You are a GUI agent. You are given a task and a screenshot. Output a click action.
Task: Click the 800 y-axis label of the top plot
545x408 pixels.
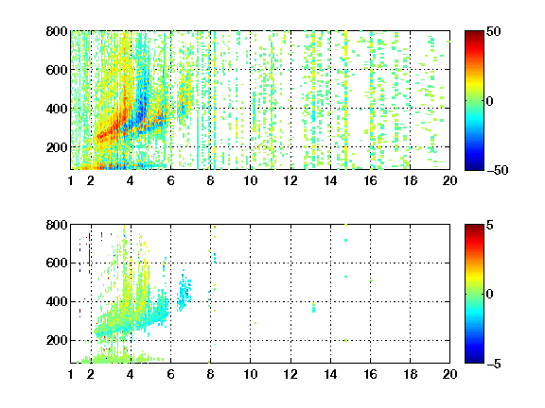(x=57, y=31)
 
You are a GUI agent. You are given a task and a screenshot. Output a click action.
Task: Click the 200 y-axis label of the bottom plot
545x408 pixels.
(x=57, y=340)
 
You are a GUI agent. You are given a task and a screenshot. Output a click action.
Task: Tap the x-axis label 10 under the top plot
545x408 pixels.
(x=250, y=180)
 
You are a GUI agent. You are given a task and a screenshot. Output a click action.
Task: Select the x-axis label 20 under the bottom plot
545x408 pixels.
(x=449, y=374)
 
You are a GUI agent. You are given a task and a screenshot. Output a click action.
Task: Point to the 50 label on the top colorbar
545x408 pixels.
(x=493, y=31)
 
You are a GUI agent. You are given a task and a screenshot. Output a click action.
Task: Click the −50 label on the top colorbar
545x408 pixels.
(x=498, y=170)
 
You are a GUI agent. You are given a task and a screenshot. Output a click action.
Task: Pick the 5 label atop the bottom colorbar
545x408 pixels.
(x=490, y=225)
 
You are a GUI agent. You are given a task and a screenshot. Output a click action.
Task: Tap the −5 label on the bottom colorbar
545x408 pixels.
(x=494, y=364)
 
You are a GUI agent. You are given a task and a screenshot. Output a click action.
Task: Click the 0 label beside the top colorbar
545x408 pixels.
(x=490, y=101)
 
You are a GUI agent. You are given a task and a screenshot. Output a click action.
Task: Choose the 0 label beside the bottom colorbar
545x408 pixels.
(x=490, y=295)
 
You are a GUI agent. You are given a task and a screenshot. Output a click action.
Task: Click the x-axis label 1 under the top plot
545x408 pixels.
(x=71, y=180)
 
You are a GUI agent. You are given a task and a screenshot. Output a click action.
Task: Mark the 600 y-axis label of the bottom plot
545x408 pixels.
(x=57, y=263)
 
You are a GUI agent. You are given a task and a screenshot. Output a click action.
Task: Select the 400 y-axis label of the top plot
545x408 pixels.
(x=57, y=109)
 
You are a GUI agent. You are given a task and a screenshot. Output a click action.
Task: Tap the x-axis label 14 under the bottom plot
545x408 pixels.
(x=330, y=374)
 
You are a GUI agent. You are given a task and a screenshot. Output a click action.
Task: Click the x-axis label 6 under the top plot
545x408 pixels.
(x=170, y=180)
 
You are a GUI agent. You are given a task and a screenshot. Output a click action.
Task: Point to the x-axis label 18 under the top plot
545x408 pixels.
(x=410, y=180)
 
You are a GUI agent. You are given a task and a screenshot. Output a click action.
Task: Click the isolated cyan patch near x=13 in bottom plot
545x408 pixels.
(x=313, y=308)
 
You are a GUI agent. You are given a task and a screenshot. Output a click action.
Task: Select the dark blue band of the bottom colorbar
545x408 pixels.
(x=474, y=359)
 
